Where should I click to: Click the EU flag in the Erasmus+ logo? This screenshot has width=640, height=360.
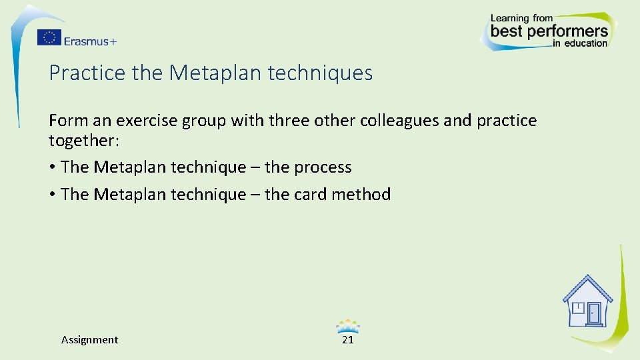(49, 38)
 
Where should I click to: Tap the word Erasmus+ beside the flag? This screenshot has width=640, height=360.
(91, 41)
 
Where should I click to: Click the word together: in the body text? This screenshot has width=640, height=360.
(83, 141)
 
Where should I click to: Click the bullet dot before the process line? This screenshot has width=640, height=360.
(52, 167)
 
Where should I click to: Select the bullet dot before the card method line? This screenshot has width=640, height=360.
(52, 195)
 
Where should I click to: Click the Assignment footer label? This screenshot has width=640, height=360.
(89, 340)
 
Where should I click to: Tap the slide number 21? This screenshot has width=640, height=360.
(347, 340)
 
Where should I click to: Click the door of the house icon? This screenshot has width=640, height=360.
(593, 313)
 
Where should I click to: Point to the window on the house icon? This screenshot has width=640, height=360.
(578, 308)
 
